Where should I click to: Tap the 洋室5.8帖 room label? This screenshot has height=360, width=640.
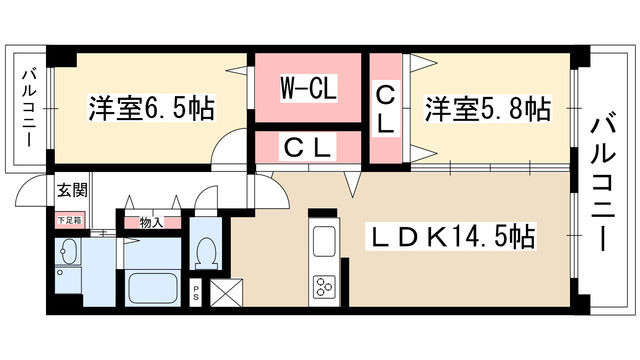pos(487,107)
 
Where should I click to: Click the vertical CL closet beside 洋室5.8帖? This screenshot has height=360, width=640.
pos(385,109)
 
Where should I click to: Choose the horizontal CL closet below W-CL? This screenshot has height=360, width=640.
pos(307,147)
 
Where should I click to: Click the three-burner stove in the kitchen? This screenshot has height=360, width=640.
pos(326,287)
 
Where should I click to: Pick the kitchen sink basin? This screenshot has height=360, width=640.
pos(325,243)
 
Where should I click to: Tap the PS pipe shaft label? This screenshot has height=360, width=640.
pos(197,294)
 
